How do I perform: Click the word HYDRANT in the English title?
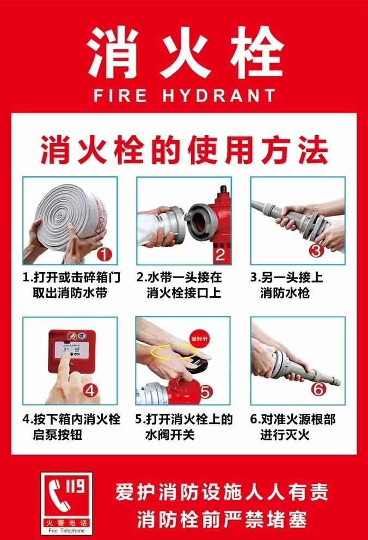[219, 96]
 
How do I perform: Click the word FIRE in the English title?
[120, 96]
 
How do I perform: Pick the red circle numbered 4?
[90, 390]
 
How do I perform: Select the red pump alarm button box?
[72, 351]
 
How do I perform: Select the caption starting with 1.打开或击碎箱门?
[71, 285]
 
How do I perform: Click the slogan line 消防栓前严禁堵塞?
[222, 518]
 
